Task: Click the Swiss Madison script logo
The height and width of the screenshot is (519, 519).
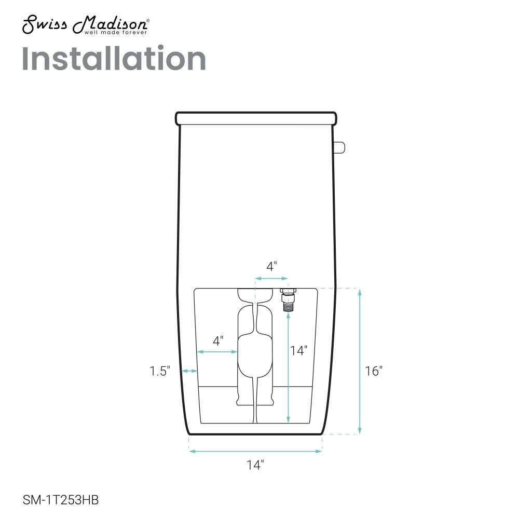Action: pos(86,24)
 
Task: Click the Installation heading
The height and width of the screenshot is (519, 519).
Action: pos(114,59)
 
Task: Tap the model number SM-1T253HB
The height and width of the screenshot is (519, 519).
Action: pos(61,500)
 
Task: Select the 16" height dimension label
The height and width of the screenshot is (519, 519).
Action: pos(374,371)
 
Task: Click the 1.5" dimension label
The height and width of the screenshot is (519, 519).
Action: pos(160,371)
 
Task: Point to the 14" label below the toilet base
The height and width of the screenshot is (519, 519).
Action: pos(255,465)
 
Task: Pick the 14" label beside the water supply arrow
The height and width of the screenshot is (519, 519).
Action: pos(298,350)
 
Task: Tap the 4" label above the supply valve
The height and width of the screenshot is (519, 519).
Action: pos(271,266)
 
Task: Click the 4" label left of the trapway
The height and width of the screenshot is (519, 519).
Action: pos(218,340)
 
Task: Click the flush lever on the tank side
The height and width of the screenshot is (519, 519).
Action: pos(340,147)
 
